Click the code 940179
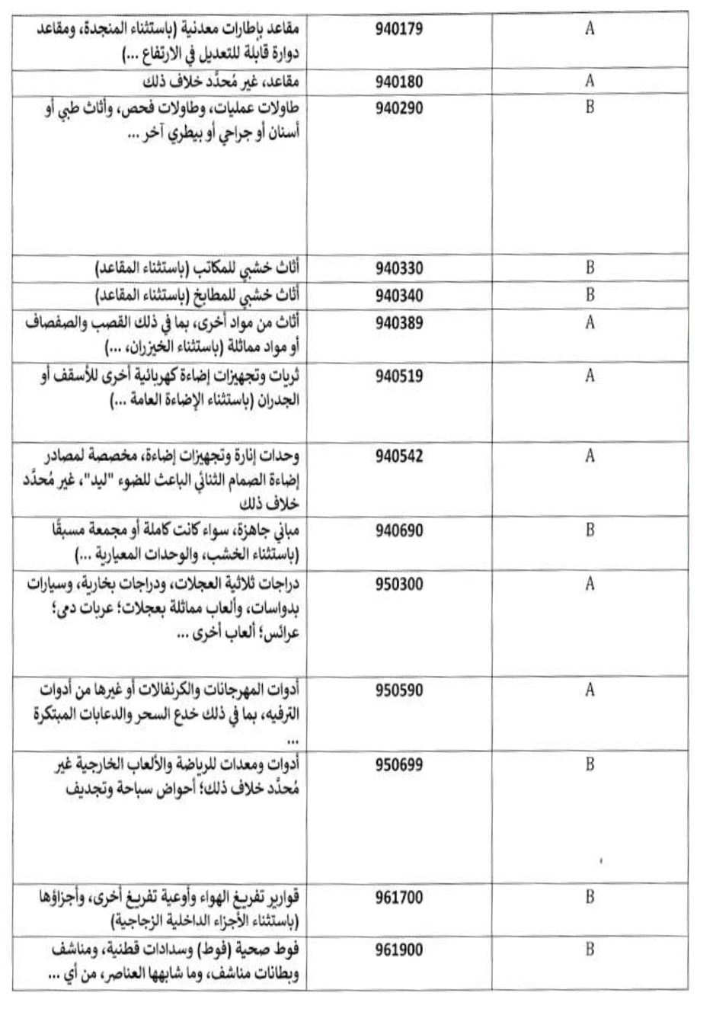398,30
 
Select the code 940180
398,82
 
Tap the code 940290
398,107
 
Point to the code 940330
398,268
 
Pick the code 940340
398,296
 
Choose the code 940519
398,376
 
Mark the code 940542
398,456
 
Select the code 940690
398,530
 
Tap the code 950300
398,584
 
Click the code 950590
398,690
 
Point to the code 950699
398,764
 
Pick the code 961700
398,897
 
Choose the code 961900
398,950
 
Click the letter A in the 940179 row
590,30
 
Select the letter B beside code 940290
590,107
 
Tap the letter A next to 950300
590,584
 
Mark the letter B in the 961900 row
590,950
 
